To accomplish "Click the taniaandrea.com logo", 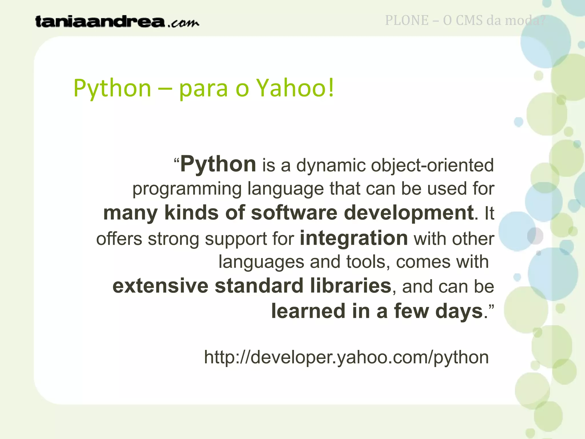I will [117, 22].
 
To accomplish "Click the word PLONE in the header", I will [407, 21].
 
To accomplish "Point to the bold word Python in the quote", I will [218, 165].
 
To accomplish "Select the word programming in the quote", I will [187, 189].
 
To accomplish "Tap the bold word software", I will [294, 213].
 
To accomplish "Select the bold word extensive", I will [161, 286].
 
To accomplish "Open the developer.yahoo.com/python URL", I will [346, 357].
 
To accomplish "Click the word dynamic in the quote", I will [331, 166].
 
